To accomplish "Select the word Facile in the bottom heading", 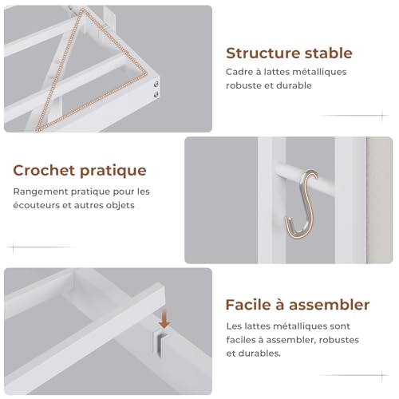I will tap(248, 305).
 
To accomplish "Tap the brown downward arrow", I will tap(164, 319).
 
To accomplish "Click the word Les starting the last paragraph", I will tap(234, 326).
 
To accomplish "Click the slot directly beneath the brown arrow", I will tap(163, 342).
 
